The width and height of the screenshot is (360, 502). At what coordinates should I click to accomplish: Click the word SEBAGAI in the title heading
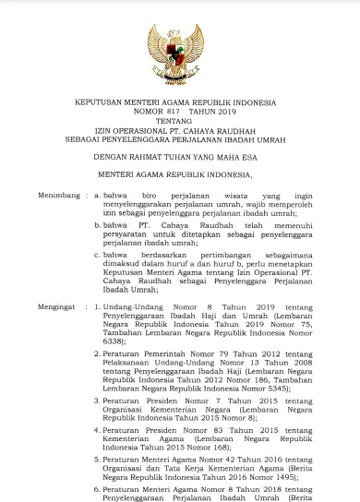(76, 139)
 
